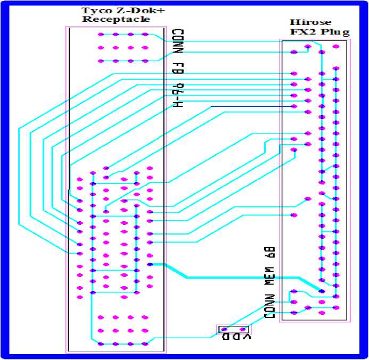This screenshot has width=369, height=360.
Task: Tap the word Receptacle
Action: [x=116, y=20]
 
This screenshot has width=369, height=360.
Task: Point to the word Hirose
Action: [x=310, y=22]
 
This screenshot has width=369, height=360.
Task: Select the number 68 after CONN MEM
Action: [x=270, y=253]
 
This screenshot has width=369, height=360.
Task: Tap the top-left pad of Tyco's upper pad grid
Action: [x=101, y=35]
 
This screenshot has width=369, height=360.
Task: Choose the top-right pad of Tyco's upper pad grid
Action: [x=145, y=35]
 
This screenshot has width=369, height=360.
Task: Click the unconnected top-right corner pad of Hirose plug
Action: [x=335, y=46]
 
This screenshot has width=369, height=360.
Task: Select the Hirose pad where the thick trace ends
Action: [x=322, y=291]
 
